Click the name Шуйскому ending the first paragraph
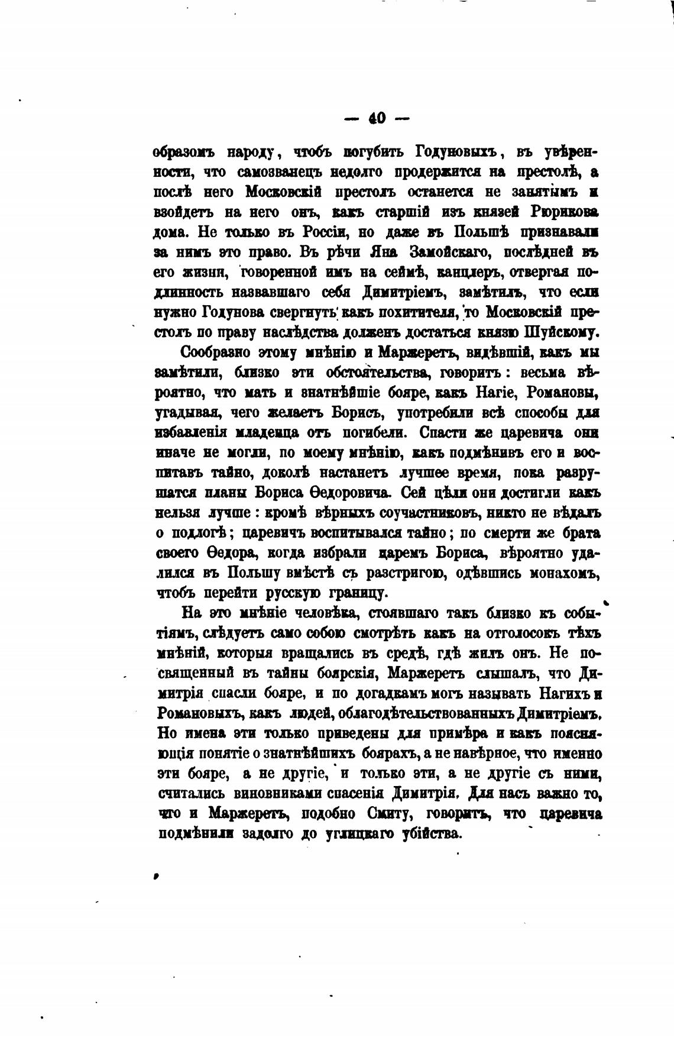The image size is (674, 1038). (x=562, y=332)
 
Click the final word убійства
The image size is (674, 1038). (x=430, y=834)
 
